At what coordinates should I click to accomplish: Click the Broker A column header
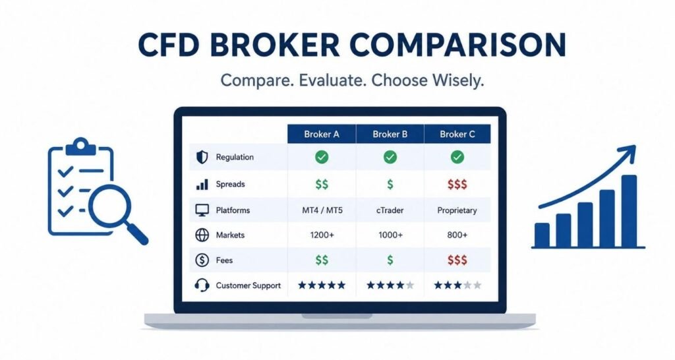pyautogui.click(x=322, y=134)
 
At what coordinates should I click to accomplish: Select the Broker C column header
pyautogui.click(x=457, y=134)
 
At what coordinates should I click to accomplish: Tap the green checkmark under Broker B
pyautogui.click(x=390, y=157)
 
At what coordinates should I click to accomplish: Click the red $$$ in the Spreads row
pyautogui.click(x=457, y=185)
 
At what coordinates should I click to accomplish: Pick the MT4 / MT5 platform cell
pyautogui.click(x=322, y=210)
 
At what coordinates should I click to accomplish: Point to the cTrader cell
pyautogui.click(x=390, y=210)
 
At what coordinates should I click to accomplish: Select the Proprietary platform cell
pyautogui.click(x=457, y=210)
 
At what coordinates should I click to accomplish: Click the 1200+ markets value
pyautogui.click(x=322, y=235)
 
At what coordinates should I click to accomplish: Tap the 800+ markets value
pyautogui.click(x=457, y=235)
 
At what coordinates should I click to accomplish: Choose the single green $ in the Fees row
pyautogui.click(x=390, y=260)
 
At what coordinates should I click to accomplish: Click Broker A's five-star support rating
pyautogui.click(x=322, y=285)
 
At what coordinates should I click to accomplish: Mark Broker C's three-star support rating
pyautogui.click(x=457, y=285)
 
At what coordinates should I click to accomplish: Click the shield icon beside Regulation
pyautogui.click(x=202, y=157)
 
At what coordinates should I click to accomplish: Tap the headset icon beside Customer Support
pyautogui.click(x=202, y=285)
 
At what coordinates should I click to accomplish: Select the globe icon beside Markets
pyautogui.click(x=202, y=235)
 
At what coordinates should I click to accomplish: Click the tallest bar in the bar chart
pyautogui.click(x=629, y=210)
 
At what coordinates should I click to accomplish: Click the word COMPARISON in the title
pyautogui.click(x=457, y=44)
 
